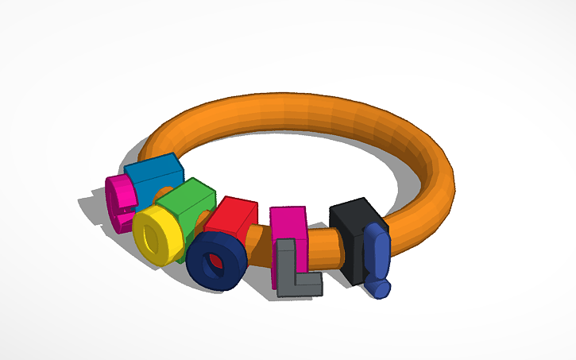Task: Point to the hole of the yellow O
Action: click(151, 236)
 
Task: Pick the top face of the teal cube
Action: click(152, 164)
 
